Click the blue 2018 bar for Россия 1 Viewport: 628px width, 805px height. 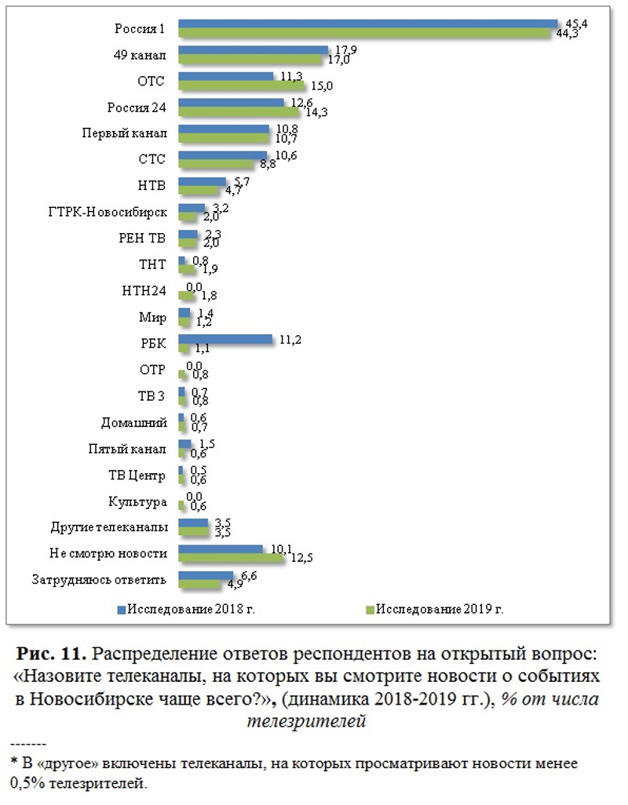(367, 24)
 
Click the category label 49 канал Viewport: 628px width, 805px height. (140, 55)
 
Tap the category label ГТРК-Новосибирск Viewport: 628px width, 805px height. (108, 213)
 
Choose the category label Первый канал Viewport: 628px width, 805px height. (125, 133)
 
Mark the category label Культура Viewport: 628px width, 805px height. (137, 501)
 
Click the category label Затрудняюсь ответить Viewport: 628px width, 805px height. (100, 581)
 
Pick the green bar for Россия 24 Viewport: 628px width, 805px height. (239, 112)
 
